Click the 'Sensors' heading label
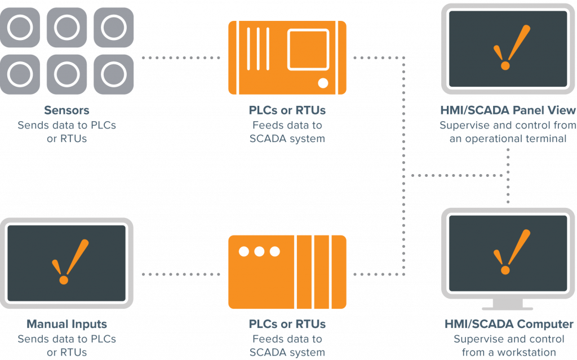(66, 110)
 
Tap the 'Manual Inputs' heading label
(66, 324)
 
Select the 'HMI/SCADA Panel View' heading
(508, 110)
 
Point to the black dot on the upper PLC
(323, 83)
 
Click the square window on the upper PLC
(308, 50)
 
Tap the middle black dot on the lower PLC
(259, 251)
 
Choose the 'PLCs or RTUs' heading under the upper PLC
(287, 110)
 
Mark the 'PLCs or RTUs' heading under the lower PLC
(287, 324)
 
